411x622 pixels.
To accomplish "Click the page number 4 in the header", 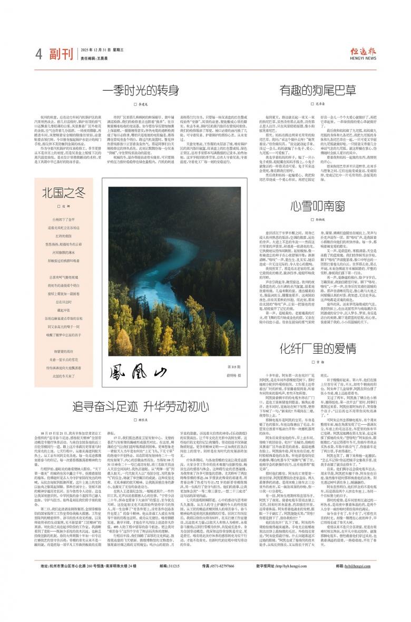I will pyautogui.click(x=39, y=53).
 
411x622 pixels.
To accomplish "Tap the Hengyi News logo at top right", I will pyautogui.click(x=363, y=52).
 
